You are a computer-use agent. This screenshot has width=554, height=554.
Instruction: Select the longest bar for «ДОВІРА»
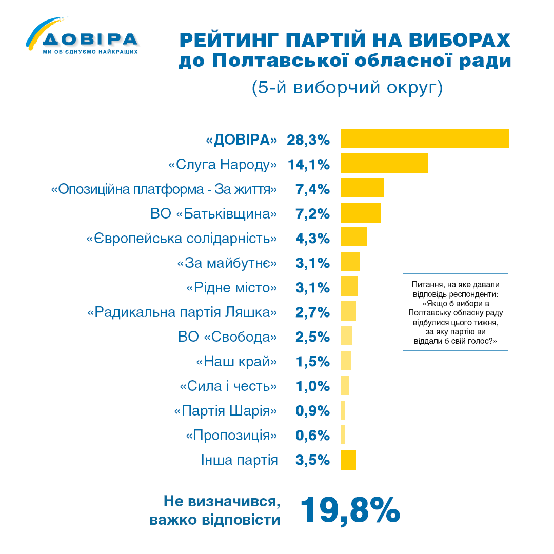(425, 138)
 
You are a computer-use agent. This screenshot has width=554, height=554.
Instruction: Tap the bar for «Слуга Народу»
(384, 163)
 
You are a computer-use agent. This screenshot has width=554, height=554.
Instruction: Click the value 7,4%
(312, 189)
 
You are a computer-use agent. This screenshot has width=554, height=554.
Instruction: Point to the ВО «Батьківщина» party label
(214, 214)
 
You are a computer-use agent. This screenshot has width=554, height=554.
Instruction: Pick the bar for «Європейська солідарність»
(354, 237)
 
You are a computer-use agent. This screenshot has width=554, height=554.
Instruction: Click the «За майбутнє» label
(227, 263)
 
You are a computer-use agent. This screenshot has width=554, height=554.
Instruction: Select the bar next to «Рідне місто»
(349, 286)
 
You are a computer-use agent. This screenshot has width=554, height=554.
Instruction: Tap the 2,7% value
(312, 312)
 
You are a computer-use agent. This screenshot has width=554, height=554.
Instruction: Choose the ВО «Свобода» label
(228, 337)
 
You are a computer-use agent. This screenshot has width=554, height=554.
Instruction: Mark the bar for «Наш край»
(346, 361)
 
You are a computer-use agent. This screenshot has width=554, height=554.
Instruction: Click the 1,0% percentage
(312, 386)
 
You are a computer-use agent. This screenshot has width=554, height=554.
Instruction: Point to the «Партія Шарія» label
(226, 411)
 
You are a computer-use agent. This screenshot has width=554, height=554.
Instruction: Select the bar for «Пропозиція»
(343, 434)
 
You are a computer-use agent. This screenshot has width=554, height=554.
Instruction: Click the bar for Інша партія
(348, 460)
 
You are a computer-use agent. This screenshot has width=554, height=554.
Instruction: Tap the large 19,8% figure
(350, 510)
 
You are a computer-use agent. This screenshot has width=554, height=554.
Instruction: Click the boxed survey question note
(455, 312)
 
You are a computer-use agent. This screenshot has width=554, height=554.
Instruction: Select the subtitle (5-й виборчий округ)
(347, 88)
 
